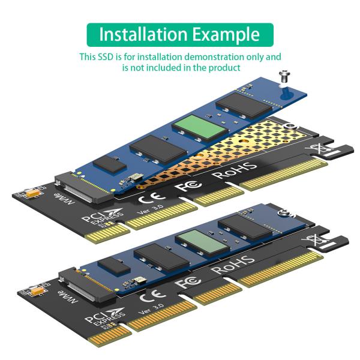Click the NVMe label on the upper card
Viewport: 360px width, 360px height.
click(63, 199)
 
